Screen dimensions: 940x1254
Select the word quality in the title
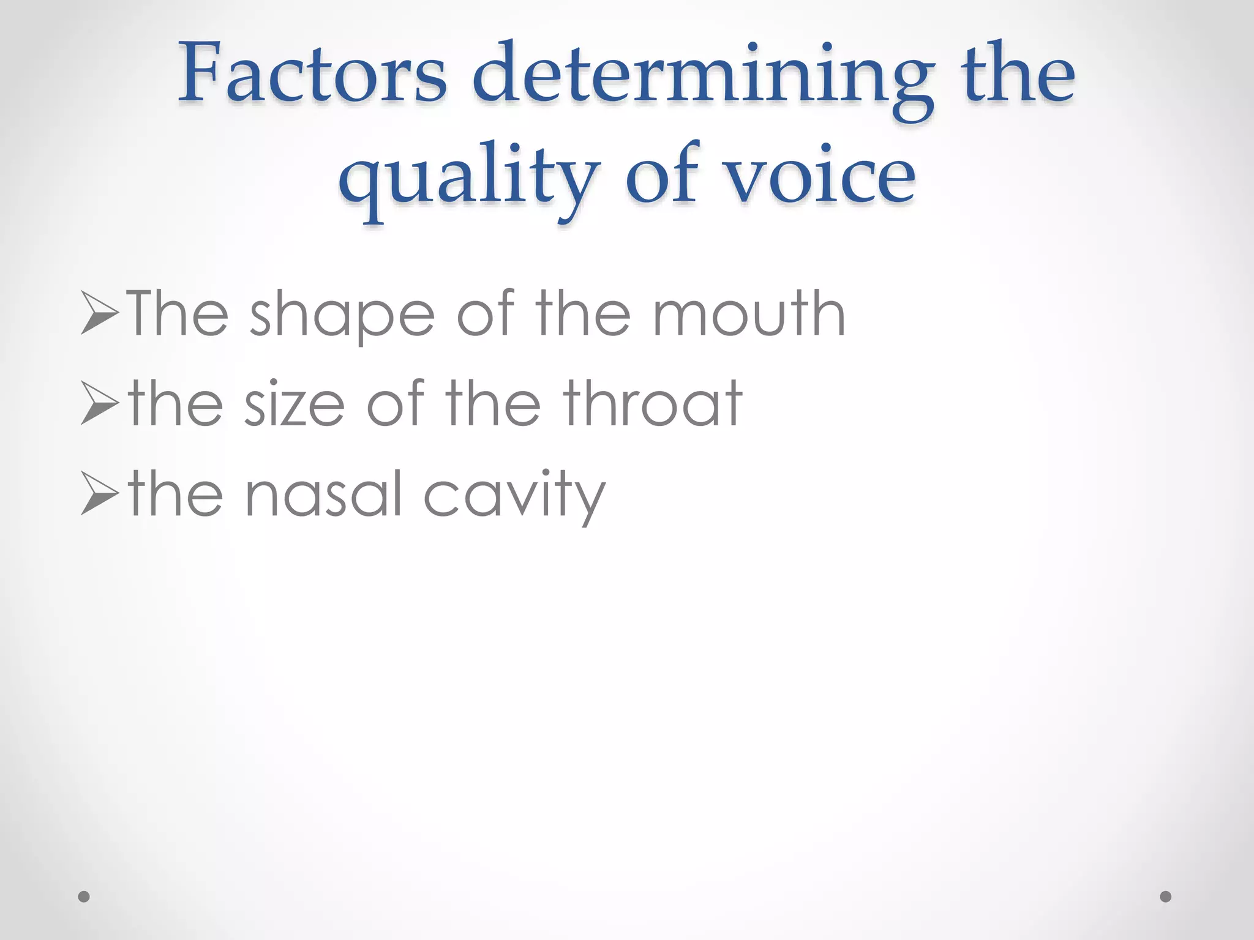pyautogui.click(x=469, y=177)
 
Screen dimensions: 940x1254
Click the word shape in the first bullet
pyautogui.click(x=342, y=315)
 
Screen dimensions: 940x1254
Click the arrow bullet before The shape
pyautogui.click(x=99, y=313)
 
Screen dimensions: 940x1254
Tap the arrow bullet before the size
pyautogui.click(x=99, y=403)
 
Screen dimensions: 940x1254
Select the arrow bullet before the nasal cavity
pyautogui.click(x=99, y=493)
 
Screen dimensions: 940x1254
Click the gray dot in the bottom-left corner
pyautogui.click(x=84, y=897)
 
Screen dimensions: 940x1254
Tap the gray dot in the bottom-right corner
pyautogui.click(x=1166, y=897)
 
